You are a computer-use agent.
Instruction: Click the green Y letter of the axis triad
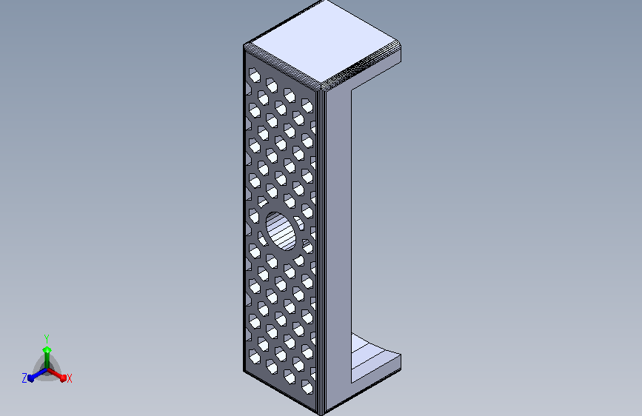click(x=46, y=338)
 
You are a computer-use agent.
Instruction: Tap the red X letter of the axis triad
click(x=70, y=379)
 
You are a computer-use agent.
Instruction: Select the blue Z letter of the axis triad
click(x=24, y=378)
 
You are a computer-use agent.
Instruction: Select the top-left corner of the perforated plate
click(x=245, y=47)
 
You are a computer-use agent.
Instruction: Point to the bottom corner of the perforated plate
click(x=320, y=412)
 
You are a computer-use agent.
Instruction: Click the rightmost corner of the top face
click(x=400, y=46)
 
